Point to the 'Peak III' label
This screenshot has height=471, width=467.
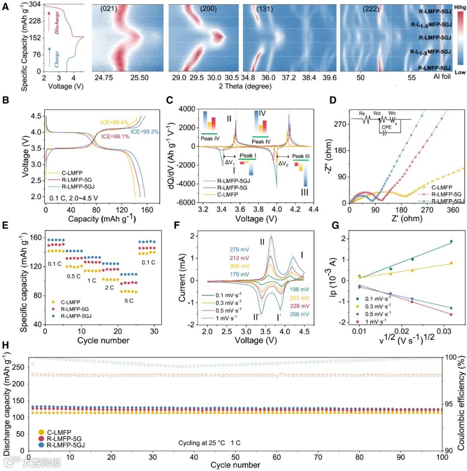(x=301, y=156)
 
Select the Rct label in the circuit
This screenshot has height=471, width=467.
(x=381, y=114)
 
